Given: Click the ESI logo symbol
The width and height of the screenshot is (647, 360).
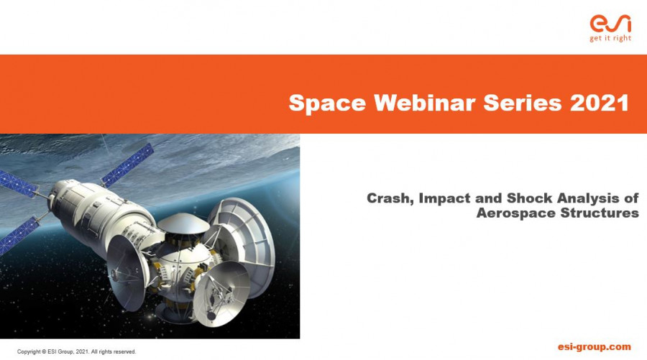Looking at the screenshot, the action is click(610, 24).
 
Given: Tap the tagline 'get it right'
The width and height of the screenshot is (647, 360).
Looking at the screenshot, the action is click(610, 38).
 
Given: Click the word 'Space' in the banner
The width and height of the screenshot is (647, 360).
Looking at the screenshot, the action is click(327, 103).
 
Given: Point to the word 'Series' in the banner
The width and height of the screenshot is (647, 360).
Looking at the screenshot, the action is click(523, 102).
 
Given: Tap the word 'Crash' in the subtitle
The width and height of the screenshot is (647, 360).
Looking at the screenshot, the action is click(390, 199).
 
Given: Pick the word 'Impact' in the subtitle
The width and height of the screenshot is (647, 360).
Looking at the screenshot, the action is click(444, 199).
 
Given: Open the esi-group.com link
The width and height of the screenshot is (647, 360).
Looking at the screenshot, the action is click(595, 347).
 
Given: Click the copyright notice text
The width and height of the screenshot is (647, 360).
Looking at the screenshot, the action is click(76, 352).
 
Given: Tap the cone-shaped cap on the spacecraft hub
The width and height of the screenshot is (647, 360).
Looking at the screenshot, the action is click(183, 223).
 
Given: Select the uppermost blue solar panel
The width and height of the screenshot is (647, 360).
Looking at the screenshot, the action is click(127, 165).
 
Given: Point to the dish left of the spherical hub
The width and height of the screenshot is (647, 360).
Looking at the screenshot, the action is click(127, 272).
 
